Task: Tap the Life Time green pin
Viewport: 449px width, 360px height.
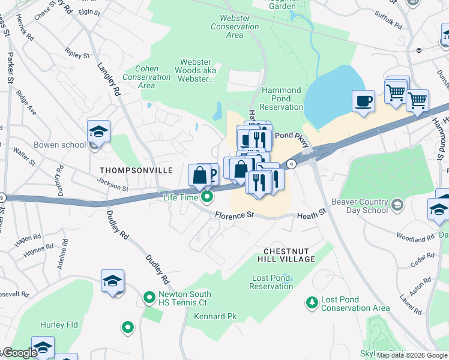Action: pyautogui.click(x=208, y=196)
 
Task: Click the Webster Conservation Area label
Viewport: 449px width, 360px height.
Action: pyautogui.click(x=235, y=26)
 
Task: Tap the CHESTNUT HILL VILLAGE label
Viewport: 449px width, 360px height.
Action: pyautogui.click(x=289, y=254)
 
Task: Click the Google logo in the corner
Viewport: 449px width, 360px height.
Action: pyautogui.click(x=19, y=353)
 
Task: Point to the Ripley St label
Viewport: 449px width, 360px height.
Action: pyautogui.click(x=77, y=55)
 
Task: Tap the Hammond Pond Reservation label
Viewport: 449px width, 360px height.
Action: pyautogui.click(x=282, y=98)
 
